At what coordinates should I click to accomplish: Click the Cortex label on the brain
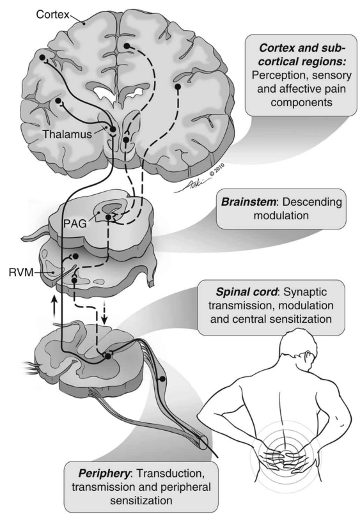click(52, 14)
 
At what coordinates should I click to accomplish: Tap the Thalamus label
click(67, 134)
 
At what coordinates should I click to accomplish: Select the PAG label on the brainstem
click(75, 224)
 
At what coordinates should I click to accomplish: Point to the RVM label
click(21, 272)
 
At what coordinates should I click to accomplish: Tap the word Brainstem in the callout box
click(248, 201)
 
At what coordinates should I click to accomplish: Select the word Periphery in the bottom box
click(104, 474)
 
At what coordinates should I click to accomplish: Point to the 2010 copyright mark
click(217, 169)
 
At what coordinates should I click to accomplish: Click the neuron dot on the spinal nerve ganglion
click(162, 379)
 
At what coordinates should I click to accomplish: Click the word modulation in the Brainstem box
click(281, 215)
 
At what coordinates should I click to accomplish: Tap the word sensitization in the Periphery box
click(141, 500)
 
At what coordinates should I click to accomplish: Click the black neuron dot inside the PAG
click(108, 217)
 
